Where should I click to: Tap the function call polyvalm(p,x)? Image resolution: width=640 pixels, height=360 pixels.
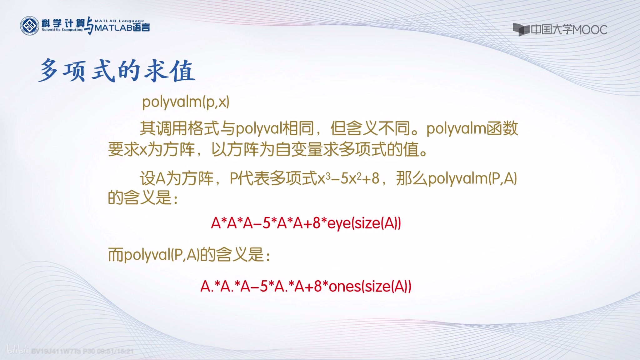[186, 102]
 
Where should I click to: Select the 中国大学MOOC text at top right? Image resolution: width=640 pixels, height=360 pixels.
[569, 30]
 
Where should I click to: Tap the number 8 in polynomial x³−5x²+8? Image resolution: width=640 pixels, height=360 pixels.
[375, 179]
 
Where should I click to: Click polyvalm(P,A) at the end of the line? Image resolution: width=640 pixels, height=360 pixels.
[472, 179]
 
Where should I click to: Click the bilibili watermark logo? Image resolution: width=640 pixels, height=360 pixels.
[18, 350]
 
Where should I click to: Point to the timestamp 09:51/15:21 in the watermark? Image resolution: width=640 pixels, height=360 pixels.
[115, 351]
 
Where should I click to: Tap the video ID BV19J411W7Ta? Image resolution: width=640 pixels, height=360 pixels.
[56, 351]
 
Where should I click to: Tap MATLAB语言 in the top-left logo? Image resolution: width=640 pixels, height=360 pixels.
[122, 27]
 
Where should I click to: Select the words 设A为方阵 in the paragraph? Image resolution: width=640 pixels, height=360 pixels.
[176, 179]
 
